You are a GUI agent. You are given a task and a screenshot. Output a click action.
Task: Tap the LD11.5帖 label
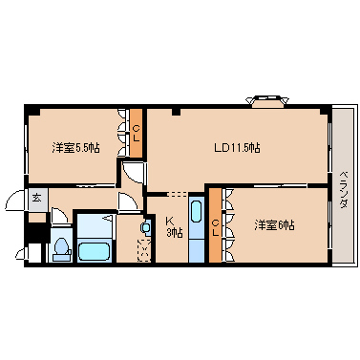(237, 148)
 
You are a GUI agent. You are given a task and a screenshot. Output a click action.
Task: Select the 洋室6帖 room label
(274, 225)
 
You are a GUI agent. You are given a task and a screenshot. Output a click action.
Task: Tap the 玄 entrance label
(36, 198)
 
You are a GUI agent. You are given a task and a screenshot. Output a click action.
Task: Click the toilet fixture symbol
(60, 247)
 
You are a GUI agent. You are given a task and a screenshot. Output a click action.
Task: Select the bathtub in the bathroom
(95, 253)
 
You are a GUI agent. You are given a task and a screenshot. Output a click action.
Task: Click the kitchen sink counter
(197, 229)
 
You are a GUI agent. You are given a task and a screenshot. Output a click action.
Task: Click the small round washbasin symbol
(146, 228)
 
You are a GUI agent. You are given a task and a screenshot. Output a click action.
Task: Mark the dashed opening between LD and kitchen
(179, 194)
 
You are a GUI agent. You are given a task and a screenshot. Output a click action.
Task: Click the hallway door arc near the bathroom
(125, 201)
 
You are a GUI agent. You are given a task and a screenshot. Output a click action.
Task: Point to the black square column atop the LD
(177, 112)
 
